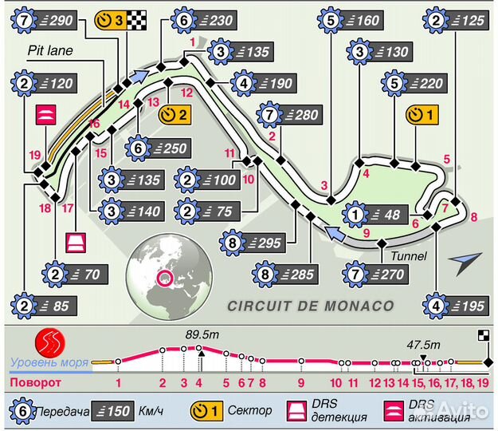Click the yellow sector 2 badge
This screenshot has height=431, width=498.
[174, 114]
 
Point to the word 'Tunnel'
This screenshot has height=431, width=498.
[409, 256]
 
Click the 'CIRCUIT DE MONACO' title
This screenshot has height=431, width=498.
[310, 305]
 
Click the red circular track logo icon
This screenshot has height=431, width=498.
[51, 343]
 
